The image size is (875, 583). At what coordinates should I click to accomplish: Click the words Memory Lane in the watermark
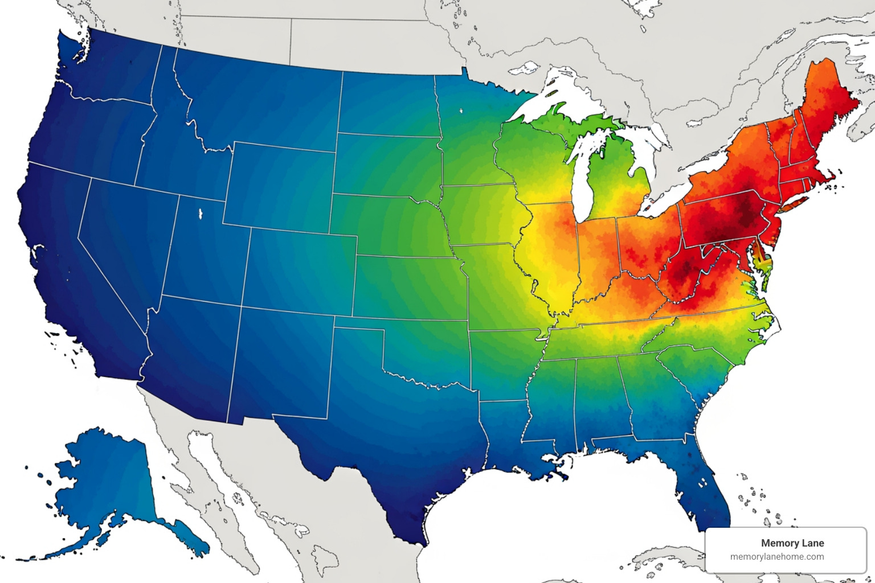click(792, 543)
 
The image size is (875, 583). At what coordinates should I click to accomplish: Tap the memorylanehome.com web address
click(777, 557)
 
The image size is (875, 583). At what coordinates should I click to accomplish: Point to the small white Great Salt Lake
click(201, 214)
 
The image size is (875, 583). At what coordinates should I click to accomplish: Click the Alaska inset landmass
click(108, 484)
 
